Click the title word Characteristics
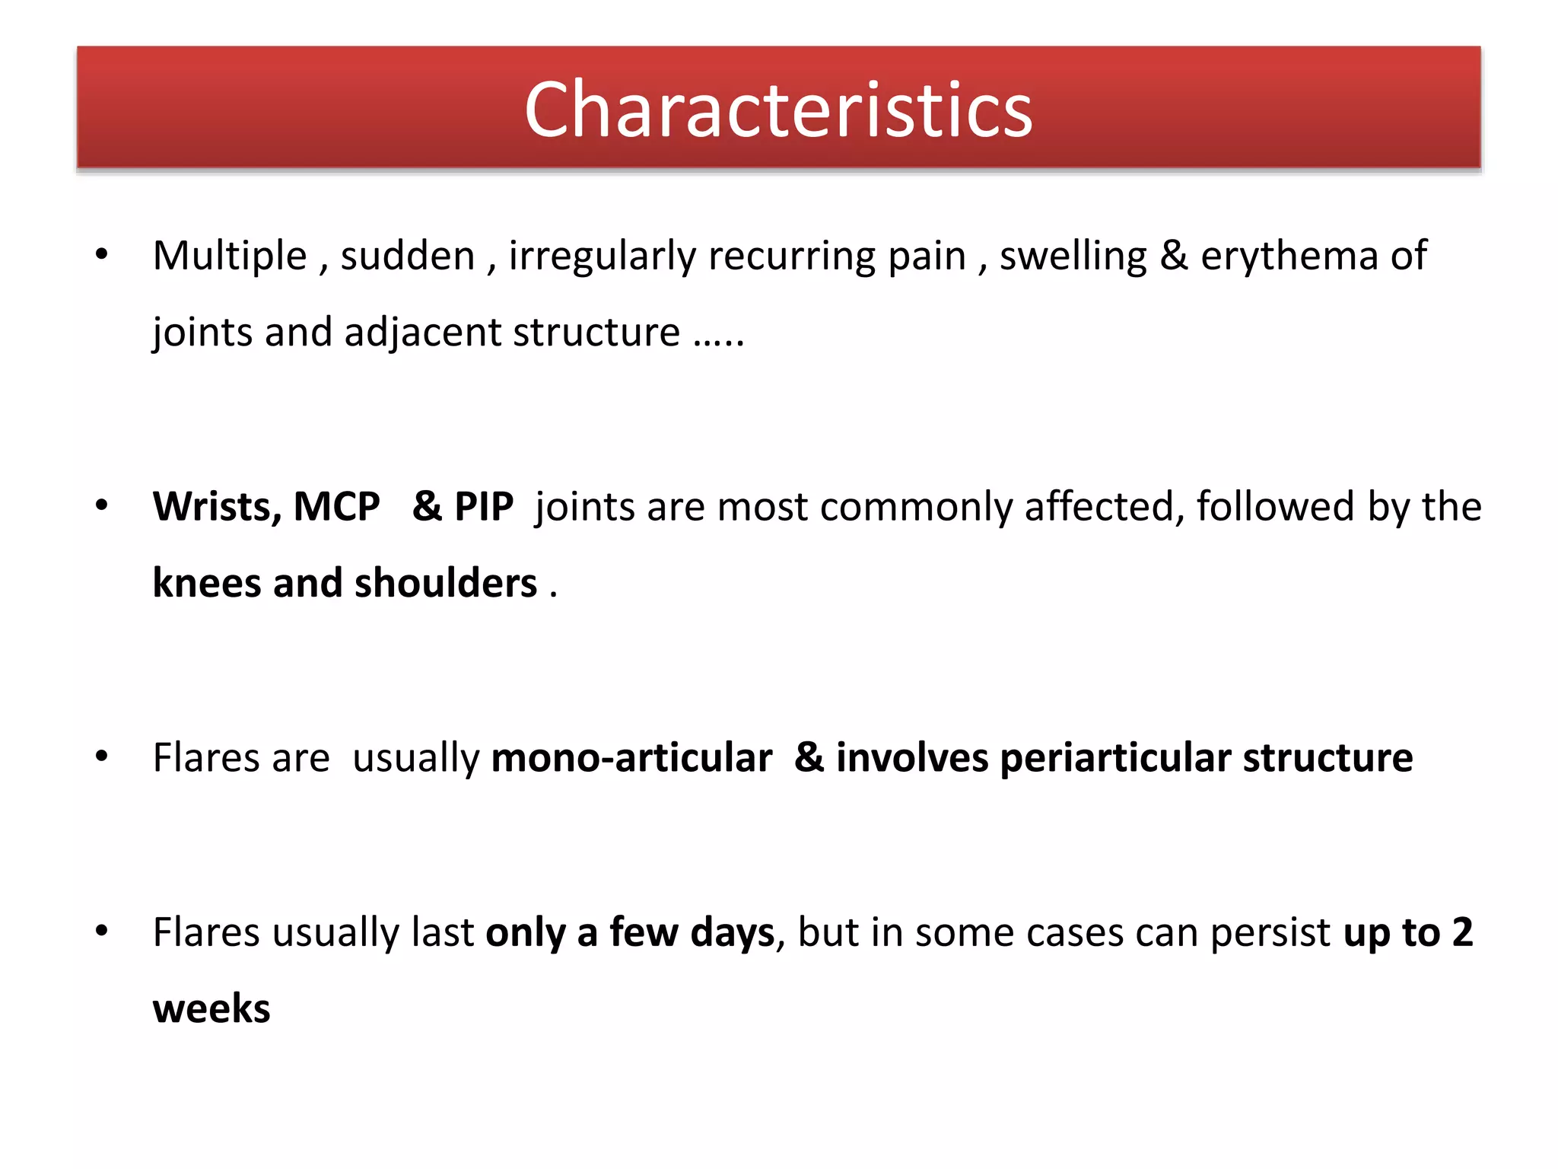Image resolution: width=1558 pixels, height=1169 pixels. pyautogui.click(x=778, y=110)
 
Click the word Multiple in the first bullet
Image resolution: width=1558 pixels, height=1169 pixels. pyautogui.click(x=229, y=256)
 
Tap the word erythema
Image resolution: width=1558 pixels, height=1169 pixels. pyautogui.click(x=1289, y=256)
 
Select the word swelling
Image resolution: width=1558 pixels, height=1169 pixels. pyautogui.click(x=1073, y=256)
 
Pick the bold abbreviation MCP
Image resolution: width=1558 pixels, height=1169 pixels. pyautogui.click(x=336, y=507)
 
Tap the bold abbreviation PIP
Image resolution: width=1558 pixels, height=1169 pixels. pyautogui.click(x=484, y=507)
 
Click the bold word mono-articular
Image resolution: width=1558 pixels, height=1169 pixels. pyautogui.click(x=631, y=758)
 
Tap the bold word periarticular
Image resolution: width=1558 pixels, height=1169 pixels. pyautogui.click(x=1115, y=758)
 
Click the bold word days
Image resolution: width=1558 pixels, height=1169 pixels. pyautogui.click(x=732, y=933)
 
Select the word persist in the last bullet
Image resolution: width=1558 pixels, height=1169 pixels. pyautogui.click(x=1270, y=933)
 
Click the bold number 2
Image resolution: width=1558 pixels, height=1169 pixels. pyautogui.click(x=1462, y=933)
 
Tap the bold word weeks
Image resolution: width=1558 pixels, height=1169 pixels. pyautogui.click(x=211, y=1009)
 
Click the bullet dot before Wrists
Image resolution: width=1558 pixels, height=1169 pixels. pyautogui.click(x=102, y=505)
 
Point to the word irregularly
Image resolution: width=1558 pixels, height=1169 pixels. pyautogui.click(x=602, y=256)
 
